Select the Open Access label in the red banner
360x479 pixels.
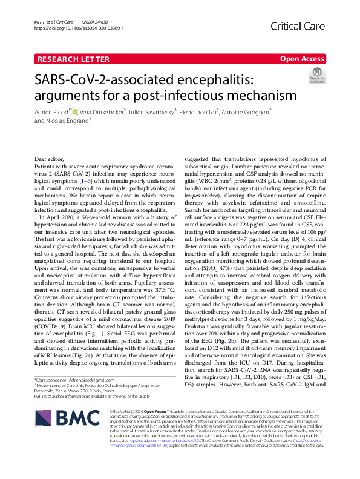click(x=303, y=59)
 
